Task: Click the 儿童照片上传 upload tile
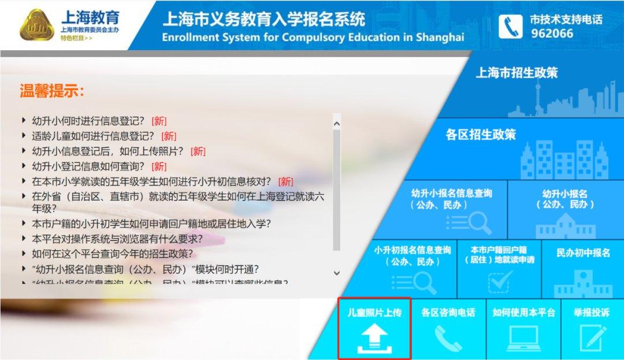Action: (x=374, y=328)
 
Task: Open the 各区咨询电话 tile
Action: (x=448, y=328)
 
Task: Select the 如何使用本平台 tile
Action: (x=523, y=328)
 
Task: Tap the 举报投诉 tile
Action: (x=592, y=328)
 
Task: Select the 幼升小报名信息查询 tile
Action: (x=451, y=208)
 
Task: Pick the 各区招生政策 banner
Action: (x=481, y=135)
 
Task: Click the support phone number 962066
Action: (x=552, y=34)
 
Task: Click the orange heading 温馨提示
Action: (x=53, y=91)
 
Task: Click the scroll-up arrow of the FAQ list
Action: (x=337, y=123)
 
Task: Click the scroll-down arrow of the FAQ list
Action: (x=337, y=273)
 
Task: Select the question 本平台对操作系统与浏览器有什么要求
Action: (x=117, y=239)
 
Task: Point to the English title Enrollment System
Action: (x=313, y=38)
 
